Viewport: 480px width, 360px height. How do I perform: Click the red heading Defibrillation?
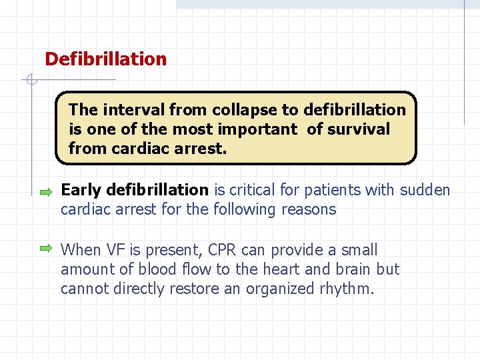click(x=105, y=59)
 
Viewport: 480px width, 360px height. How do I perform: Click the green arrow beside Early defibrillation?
click(x=45, y=192)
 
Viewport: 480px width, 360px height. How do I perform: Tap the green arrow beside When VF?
click(x=45, y=249)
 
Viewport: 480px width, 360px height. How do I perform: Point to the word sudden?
click(x=425, y=190)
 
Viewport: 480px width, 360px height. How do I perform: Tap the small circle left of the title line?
click(x=30, y=81)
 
